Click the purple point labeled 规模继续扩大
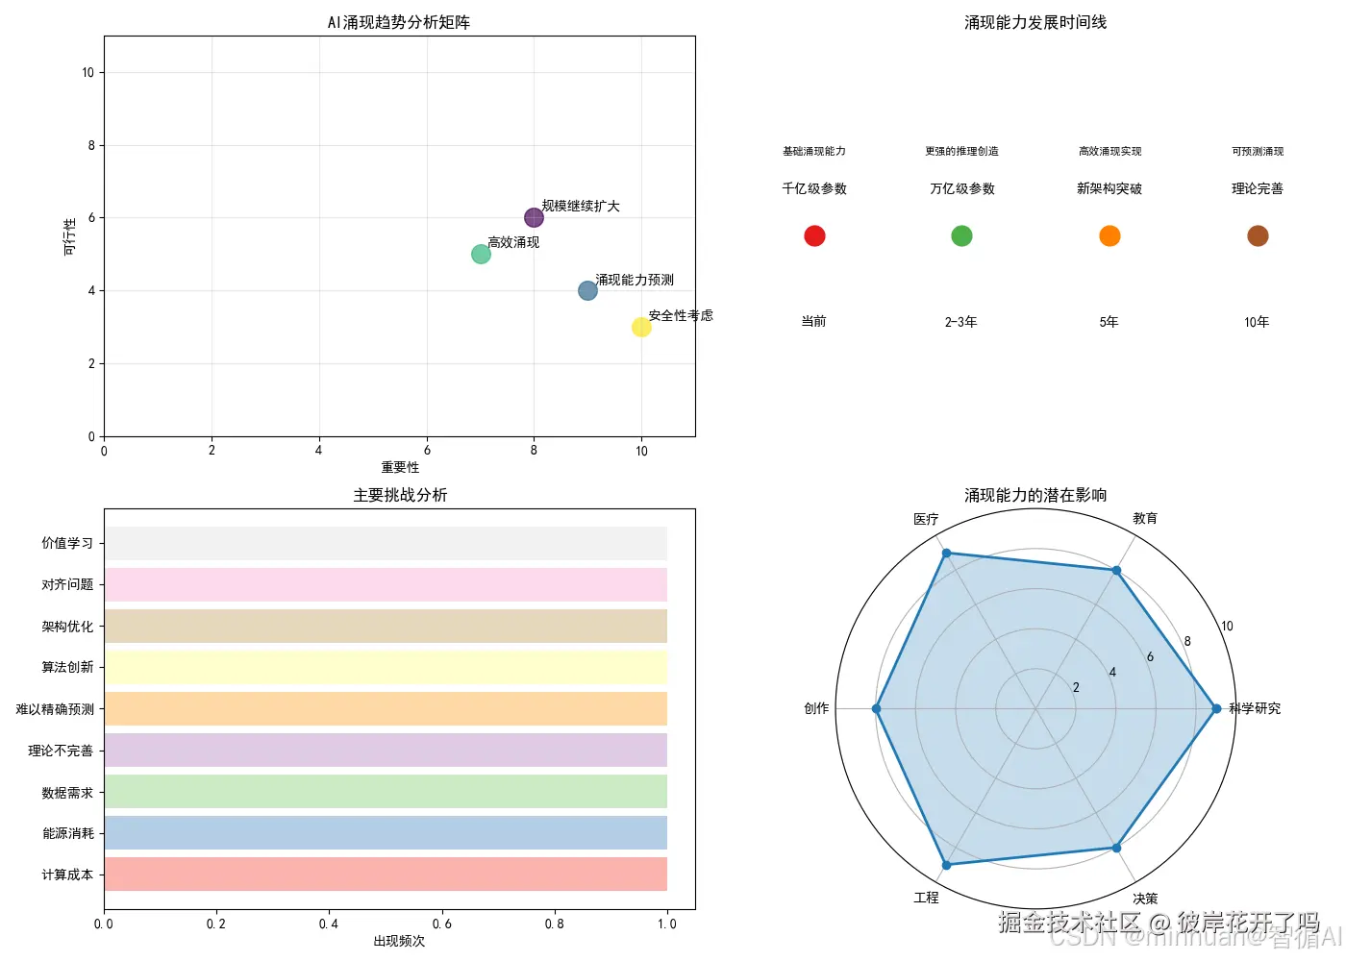click(x=534, y=218)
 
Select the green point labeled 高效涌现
click(x=481, y=255)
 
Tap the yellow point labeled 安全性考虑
click(x=641, y=328)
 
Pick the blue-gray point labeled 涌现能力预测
click(x=587, y=290)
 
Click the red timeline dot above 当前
click(x=814, y=235)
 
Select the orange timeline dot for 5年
click(x=1109, y=235)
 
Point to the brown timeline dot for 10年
click(x=1258, y=235)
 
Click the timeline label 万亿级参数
click(x=961, y=188)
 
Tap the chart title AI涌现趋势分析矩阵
click(x=399, y=22)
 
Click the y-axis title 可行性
click(x=69, y=236)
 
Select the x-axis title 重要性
click(x=400, y=467)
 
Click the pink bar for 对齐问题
click(x=386, y=584)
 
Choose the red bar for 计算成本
click(x=386, y=874)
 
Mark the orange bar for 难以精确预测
click(x=386, y=708)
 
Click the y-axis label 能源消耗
click(x=67, y=833)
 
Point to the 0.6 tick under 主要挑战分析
click(x=442, y=924)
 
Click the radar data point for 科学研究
click(x=1216, y=708)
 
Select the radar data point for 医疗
click(x=946, y=553)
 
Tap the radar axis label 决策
click(x=1145, y=899)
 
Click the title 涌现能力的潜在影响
click(x=1035, y=495)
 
